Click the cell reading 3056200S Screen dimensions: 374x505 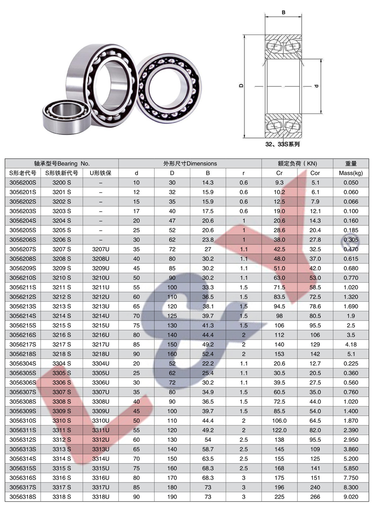click(x=23, y=182)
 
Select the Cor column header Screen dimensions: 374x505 click(x=315, y=173)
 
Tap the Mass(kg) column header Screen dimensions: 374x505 click(x=351, y=173)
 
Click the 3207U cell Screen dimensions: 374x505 click(x=101, y=249)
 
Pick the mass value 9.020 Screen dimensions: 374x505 click(x=351, y=497)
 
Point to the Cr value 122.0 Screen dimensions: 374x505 click(x=279, y=430)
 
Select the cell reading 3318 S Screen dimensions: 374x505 click(x=62, y=497)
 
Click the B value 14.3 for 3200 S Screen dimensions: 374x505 click(x=208, y=182)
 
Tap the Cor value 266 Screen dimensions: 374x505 click(x=315, y=497)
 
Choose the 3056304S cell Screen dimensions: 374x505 click(x=23, y=364)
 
